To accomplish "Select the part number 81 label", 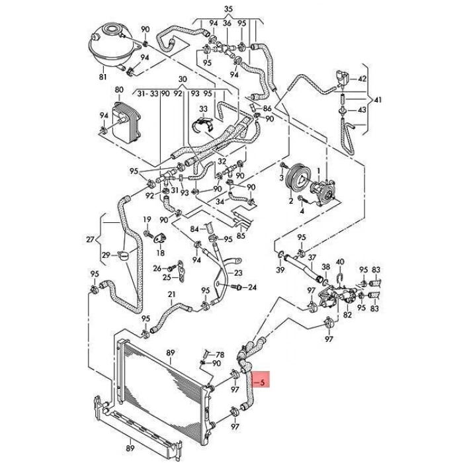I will click(103, 78).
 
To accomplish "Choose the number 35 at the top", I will click(228, 9).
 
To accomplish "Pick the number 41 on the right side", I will click(378, 101).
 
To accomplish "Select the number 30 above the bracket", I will click(183, 78).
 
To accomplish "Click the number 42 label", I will click(361, 79).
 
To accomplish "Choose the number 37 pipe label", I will click(312, 257).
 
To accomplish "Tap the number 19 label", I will click(147, 220).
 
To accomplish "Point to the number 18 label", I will click(159, 253).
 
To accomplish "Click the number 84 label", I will click(194, 228).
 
